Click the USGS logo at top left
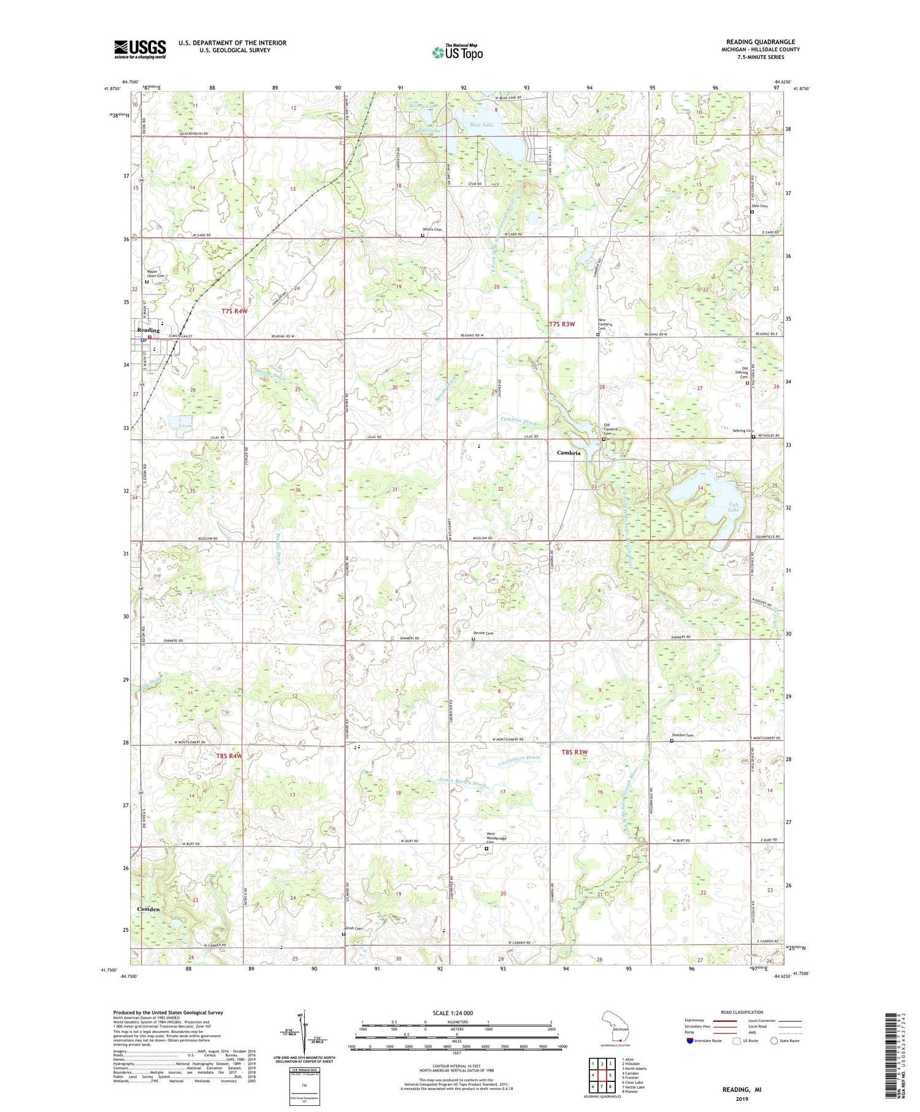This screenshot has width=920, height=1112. click(x=140, y=49)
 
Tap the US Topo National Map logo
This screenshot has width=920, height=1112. click(x=458, y=52)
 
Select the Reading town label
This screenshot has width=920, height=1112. click(x=148, y=330)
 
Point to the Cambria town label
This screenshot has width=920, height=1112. click(x=569, y=453)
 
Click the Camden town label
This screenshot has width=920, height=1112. click(x=148, y=909)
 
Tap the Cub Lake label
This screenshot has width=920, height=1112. click(x=733, y=506)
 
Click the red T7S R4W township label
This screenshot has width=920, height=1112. click(x=234, y=312)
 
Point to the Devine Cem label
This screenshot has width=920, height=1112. click(x=483, y=634)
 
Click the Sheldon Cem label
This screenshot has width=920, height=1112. click(x=681, y=735)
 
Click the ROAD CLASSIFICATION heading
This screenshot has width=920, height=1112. click(x=742, y=1012)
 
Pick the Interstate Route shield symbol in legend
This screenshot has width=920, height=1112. click(x=689, y=1040)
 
